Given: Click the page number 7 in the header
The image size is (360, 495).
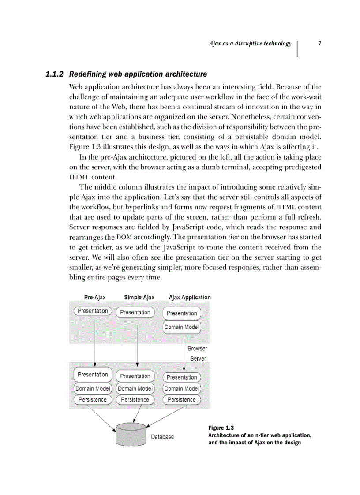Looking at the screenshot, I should point(319,43).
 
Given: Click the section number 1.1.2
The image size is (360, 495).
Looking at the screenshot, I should point(56,74).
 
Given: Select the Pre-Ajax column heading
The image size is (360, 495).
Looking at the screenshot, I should point(95,298).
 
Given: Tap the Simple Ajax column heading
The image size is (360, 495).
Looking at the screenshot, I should point(139,298).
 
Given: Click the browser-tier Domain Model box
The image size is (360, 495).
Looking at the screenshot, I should point(182,327).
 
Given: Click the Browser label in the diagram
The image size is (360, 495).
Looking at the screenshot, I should point(197,349).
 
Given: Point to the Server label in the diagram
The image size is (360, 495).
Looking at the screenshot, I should point(198,358).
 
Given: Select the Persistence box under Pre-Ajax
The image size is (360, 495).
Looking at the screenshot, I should point(93,400).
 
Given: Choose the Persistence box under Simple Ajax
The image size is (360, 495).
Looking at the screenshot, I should point(135,400).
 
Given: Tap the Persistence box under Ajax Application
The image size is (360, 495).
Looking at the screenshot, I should point(182,400).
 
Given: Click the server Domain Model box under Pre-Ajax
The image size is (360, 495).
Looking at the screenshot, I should point(93,389).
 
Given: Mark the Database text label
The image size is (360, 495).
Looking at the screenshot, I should point(162,437).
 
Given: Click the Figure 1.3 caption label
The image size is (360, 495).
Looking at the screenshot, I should point(221,428).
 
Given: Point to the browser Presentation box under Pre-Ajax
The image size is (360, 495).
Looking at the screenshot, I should point(93,311).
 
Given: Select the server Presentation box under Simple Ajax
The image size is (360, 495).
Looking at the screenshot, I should point(135,376).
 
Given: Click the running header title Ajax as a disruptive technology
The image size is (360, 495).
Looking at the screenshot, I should point(250,43).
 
